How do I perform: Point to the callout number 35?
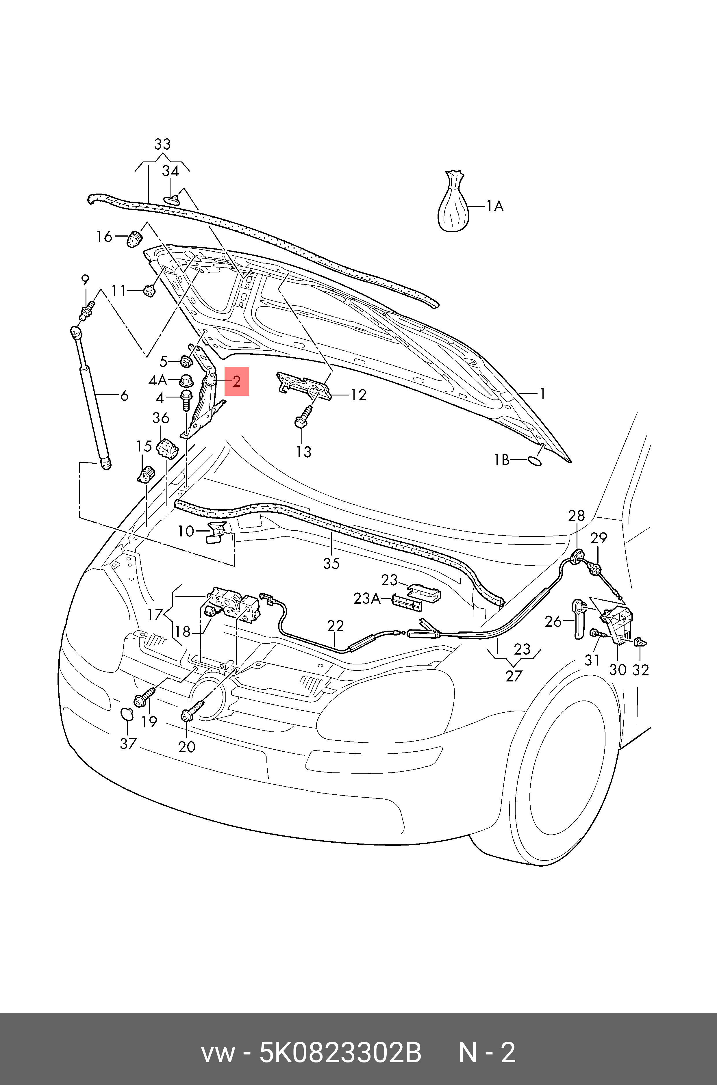coord(331,563)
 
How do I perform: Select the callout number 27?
coord(514,675)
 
